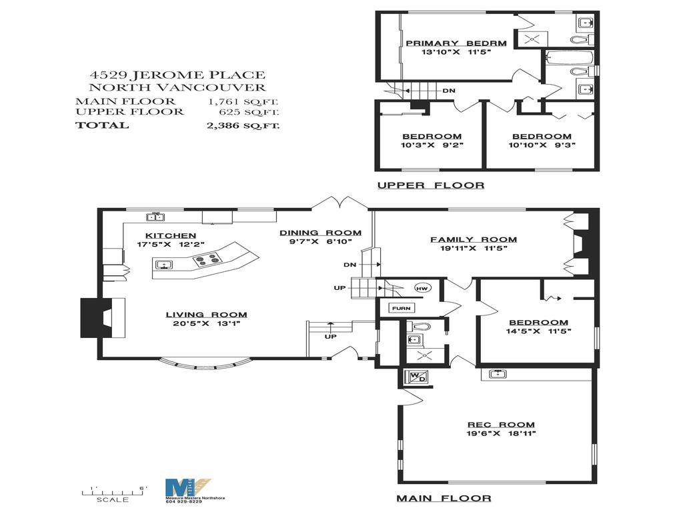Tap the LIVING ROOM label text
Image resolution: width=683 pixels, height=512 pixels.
click(207, 315)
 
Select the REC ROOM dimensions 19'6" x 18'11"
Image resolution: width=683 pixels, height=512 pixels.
click(500, 433)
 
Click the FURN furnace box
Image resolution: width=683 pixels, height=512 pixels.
click(401, 308)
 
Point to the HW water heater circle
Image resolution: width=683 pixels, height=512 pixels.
click(422, 288)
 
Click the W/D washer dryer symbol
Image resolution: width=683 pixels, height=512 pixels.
click(416, 377)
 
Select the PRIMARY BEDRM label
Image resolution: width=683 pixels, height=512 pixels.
click(456, 43)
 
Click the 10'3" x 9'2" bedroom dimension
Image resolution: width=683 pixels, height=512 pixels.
click(432, 144)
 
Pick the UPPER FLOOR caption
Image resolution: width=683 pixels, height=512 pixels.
click(430, 185)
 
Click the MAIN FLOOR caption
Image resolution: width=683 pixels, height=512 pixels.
click(444, 498)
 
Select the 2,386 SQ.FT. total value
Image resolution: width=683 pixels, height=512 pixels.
click(243, 125)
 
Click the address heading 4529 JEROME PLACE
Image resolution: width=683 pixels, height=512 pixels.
click(177, 75)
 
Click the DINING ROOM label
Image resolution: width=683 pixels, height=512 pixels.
click(320, 233)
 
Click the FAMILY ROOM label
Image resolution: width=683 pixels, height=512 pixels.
click(473, 239)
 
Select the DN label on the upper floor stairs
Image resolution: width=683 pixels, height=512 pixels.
click(449, 91)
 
